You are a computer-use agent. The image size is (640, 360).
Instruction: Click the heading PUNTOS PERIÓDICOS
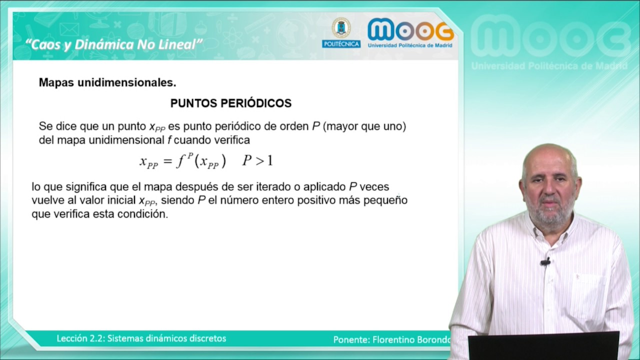pyautogui.click(x=230, y=103)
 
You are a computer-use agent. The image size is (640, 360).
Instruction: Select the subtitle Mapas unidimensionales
pyautogui.click(x=107, y=82)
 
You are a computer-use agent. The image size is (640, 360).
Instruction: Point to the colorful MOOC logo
pyautogui.click(x=410, y=30)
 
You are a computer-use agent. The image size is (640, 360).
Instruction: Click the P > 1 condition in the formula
pyautogui.click(x=257, y=160)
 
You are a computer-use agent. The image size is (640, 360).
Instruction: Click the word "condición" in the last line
pyautogui.click(x=145, y=214)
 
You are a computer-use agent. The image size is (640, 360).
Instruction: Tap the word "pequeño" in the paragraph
pyautogui.click(x=386, y=200)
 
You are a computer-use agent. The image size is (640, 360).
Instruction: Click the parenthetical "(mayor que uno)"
pyautogui.click(x=364, y=126)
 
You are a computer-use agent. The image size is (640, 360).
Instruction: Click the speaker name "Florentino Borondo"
pyautogui.click(x=411, y=339)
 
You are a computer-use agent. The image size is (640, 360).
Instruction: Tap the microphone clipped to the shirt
pyautogui.click(x=545, y=261)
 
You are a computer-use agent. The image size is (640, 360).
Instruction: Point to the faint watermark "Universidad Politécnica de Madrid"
pyautogui.click(x=549, y=66)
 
